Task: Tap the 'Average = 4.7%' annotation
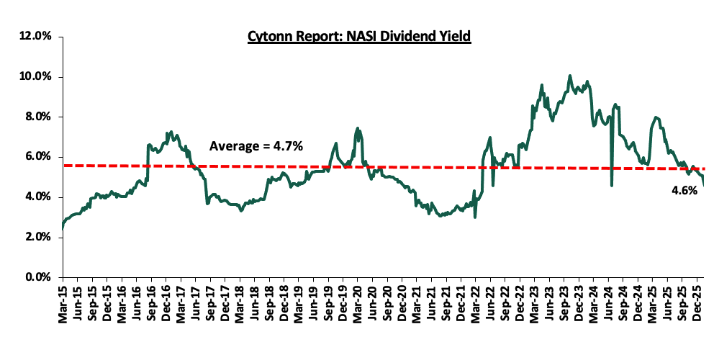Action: pyautogui.click(x=256, y=146)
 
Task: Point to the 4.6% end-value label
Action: pyautogui.click(x=684, y=191)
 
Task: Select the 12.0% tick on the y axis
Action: pyautogui.click(x=35, y=36)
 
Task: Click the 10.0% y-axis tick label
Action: pyautogui.click(x=35, y=76)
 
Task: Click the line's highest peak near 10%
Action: pyautogui.click(x=570, y=75)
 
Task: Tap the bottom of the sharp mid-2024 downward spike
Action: pyautogui.click(x=611, y=186)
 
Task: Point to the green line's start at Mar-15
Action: pyautogui.click(x=63, y=229)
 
